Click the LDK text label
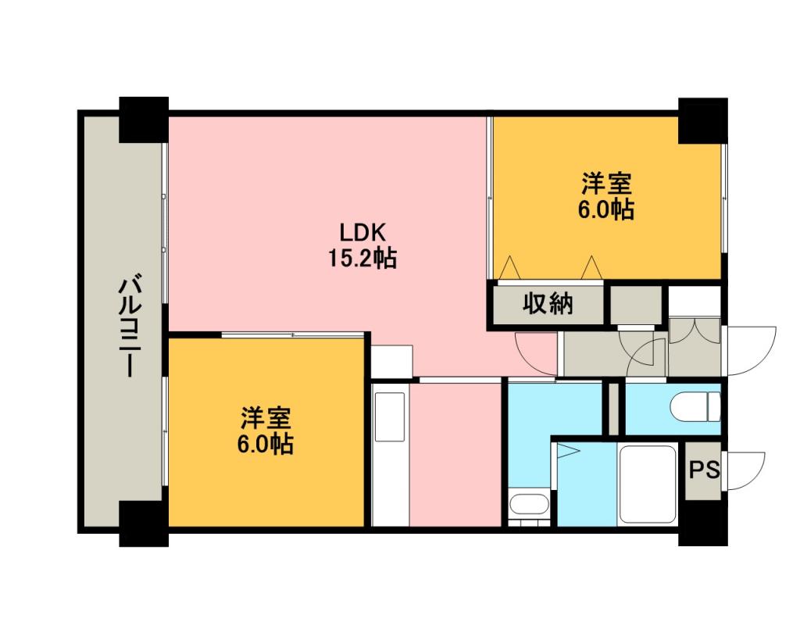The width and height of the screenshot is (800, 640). (x=362, y=233)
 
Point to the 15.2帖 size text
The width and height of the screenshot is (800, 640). (x=362, y=258)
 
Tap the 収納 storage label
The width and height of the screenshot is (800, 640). (x=548, y=304)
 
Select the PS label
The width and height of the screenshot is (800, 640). (x=704, y=470)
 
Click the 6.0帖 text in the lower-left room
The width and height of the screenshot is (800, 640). (x=265, y=444)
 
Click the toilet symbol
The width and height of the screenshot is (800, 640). (x=695, y=407)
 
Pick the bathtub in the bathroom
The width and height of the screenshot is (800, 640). (x=648, y=484)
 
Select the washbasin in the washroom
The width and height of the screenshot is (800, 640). (x=529, y=506)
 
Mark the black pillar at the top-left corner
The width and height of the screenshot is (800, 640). (x=144, y=120)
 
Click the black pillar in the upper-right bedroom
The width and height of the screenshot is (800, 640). (x=702, y=120)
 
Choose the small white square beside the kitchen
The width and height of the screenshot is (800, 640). (x=391, y=362)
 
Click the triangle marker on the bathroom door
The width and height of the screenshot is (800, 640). (x=568, y=452)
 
